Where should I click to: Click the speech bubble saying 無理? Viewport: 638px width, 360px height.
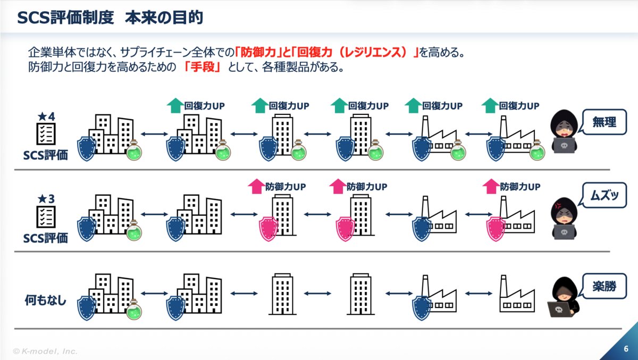pyautogui.click(x=604, y=122)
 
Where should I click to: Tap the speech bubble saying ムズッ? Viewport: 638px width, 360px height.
pyautogui.click(x=604, y=195)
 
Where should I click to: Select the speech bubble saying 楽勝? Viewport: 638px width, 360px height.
pyautogui.click(x=604, y=286)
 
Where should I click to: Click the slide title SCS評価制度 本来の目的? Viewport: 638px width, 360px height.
pyautogui.click(x=110, y=18)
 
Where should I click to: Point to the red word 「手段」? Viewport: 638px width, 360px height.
pyautogui.click(x=202, y=67)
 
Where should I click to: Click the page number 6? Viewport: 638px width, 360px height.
pyautogui.click(x=626, y=349)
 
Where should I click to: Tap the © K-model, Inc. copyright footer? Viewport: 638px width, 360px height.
pyautogui.click(x=45, y=351)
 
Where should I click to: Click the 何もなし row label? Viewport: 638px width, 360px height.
pyautogui.click(x=46, y=300)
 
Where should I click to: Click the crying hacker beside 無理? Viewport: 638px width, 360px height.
pyautogui.click(x=564, y=131)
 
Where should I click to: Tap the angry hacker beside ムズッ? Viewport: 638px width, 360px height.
pyautogui.click(x=564, y=219)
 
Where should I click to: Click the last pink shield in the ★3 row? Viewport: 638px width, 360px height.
pyautogui.click(x=496, y=229)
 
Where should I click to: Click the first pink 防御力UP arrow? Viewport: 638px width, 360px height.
pyautogui.click(x=256, y=186)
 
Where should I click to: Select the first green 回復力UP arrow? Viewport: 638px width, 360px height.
pyautogui.click(x=175, y=105)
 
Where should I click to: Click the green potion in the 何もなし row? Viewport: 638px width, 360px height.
pyautogui.click(x=134, y=309)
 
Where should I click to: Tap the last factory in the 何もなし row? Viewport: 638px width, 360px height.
pyautogui.click(x=517, y=294)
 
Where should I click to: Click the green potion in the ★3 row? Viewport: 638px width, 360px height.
pyautogui.click(x=134, y=230)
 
